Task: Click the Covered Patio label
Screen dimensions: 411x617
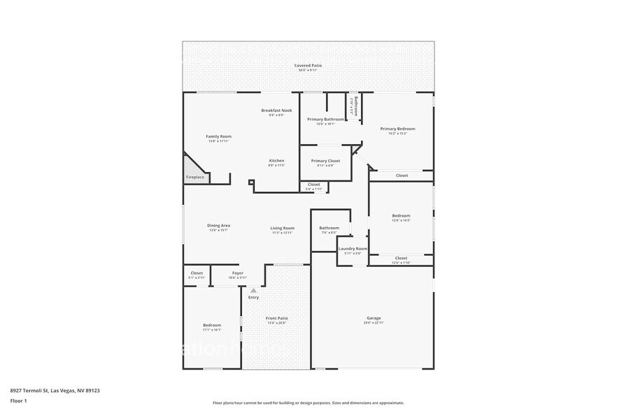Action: click(x=308, y=65)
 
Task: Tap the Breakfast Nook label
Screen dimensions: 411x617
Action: click(x=276, y=110)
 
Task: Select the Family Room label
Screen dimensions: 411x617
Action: click(x=218, y=136)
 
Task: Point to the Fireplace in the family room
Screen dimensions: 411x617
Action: click(x=195, y=177)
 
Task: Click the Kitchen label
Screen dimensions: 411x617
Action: click(x=276, y=161)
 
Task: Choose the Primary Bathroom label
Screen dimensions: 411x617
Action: click(x=325, y=119)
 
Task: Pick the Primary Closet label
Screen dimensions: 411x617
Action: click(x=325, y=161)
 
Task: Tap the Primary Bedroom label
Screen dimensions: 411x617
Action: click(x=397, y=129)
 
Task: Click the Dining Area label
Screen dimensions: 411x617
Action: click(x=218, y=226)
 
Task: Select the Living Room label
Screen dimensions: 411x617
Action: click(x=283, y=228)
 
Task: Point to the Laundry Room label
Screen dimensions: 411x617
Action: click(x=353, y=249)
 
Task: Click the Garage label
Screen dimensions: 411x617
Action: click(x=373, y=318)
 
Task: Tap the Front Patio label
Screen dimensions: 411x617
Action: click(x=276, y=318)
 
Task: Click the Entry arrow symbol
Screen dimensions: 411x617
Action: click(x=253, y=289)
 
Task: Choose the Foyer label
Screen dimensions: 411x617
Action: click(x=238, y=273)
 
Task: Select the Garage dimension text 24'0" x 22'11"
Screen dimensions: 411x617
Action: click(x=373, y=323)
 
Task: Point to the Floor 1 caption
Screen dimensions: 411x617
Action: click(x=18, y=401)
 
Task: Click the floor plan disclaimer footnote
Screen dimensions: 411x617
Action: click(x=308, y=403)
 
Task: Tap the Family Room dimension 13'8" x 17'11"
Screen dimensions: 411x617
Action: click(x=218, y=141)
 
